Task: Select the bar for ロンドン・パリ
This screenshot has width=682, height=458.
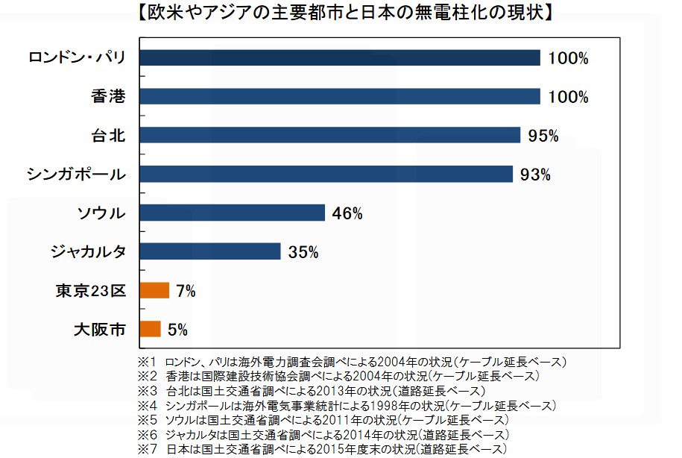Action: pos(339,58)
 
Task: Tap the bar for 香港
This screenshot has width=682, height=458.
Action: pos(339,96)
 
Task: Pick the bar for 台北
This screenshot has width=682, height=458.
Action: pos(329,135)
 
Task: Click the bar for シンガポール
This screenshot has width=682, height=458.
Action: pos(326,174)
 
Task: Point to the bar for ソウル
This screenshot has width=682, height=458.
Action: pos(232,213)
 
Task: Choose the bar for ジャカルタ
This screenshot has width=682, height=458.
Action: pos(209,251)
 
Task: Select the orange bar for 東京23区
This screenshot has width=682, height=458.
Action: pos(154,290)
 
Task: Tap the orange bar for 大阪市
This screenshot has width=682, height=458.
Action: pos(150,329)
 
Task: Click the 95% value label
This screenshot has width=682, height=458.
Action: pos(543,136)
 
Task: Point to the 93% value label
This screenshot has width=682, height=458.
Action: pos(536,175)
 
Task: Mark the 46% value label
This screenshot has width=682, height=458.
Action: pos(347,213)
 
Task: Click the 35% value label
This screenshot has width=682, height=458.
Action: pos(303,252)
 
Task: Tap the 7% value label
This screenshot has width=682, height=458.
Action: pos(186,291)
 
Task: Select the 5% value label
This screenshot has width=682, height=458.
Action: pos(177,330)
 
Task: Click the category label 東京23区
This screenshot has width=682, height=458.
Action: pos(90,290)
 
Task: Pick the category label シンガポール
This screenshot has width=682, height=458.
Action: pos(76,174)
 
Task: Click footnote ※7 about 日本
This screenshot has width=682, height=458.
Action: pos(322,448)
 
